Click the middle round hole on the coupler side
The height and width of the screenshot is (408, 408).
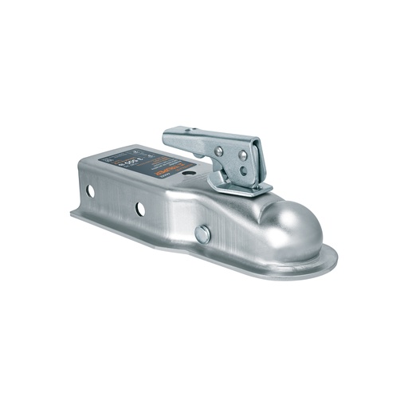pos(140,210)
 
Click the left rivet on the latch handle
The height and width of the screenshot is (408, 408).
pos(218,151)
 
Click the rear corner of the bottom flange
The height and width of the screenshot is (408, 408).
pos(74,214)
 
